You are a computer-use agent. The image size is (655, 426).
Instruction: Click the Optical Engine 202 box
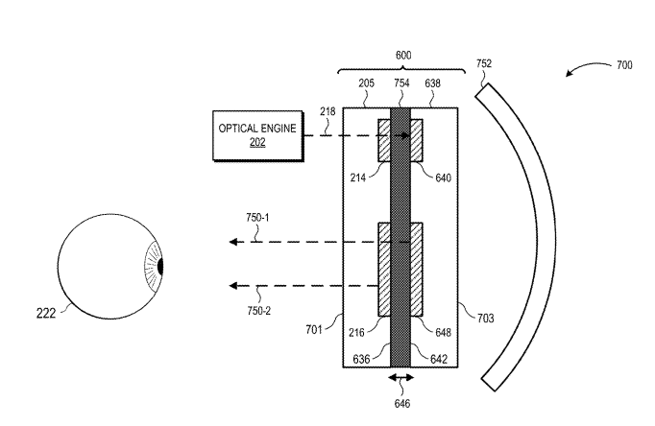point(257,135)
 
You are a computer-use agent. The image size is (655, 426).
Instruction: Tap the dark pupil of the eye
point(160,267)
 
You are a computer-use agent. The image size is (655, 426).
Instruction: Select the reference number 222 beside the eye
point(46,314)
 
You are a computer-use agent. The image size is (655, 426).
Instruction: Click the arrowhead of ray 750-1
point(233,242)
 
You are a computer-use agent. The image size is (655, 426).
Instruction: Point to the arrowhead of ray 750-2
point(233,286)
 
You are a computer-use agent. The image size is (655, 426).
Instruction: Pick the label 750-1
point(257,218)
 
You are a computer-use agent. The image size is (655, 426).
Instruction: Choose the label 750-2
point(259,311)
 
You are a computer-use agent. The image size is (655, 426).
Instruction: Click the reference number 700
point(624,65)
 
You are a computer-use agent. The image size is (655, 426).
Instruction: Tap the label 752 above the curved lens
point(484,63)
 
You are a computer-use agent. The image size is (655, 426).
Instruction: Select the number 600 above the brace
point(403,55)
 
